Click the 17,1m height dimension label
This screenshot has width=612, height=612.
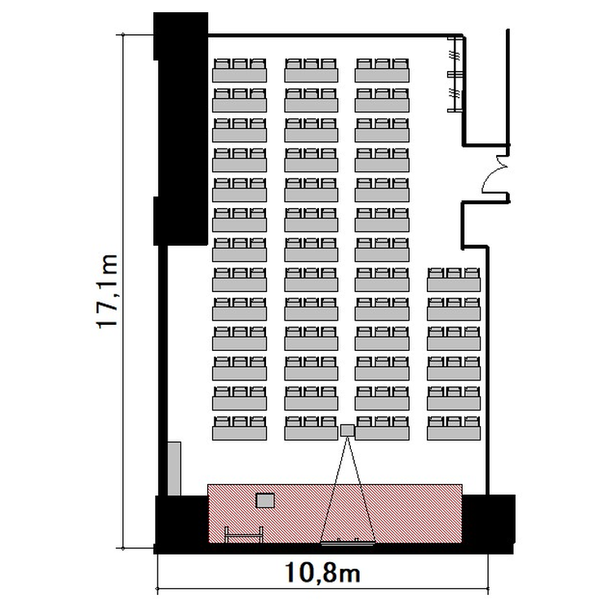(x=106, y=291)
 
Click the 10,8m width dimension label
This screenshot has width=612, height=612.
(x=322, y=573)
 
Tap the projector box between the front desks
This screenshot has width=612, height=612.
(x=347, y=430)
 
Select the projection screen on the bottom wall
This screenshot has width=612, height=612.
(x=347, y=543)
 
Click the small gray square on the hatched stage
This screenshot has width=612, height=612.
(x=265, y=500)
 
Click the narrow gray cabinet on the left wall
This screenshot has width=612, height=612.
(x=175, y=468)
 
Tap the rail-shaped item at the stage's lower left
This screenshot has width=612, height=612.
(x=243, y=534)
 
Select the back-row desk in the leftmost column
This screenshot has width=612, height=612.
(x=240, y=70)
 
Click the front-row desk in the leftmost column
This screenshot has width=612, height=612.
(x=240, y=428)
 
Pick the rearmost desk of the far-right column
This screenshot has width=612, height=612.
(x=454, y=279)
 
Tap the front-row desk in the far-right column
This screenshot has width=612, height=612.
(x=454, y=428)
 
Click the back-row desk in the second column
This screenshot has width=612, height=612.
(x=311, y=70)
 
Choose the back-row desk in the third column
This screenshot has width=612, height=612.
(x=382, y=70)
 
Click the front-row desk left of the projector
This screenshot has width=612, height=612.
(x=311, y=428)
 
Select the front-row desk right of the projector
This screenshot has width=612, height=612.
(x=382, y=428)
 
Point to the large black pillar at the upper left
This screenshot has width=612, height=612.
(x=180, y=129)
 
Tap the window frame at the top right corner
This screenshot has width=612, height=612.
(x=455, y=73)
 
